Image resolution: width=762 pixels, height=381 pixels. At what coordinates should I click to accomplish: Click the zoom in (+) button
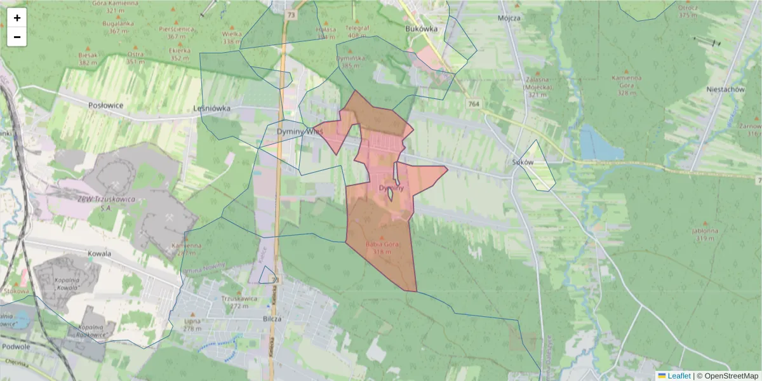point(17,18)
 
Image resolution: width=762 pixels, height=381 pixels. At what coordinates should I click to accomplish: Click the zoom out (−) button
point(17,37)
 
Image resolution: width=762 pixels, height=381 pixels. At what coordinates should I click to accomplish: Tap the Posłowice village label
point(106,105)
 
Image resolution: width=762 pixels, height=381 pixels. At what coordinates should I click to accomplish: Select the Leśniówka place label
point(211,109)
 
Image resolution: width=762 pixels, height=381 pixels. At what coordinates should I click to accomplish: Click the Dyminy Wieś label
point(300,131)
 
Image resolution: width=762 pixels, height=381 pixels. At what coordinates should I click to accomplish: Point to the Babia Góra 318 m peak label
point(382,248)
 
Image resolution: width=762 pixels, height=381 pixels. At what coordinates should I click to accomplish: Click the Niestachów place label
point(725,90)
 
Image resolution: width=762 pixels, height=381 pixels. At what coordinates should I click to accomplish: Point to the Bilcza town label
point(272,319)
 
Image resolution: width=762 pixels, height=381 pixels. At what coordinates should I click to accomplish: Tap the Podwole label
point(16,347)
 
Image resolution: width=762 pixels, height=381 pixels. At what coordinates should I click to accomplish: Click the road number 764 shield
point(474,104)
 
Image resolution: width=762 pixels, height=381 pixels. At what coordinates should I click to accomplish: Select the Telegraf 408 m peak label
point(358,32)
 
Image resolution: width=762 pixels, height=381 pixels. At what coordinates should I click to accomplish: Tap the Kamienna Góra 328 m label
point(627,82)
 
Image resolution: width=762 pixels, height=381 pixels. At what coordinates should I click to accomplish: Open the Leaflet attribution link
point(679,376)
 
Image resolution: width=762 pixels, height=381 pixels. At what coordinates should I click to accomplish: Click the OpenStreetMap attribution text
point(731,376)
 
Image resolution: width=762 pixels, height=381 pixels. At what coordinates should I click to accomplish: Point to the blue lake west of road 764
point(599,145)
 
